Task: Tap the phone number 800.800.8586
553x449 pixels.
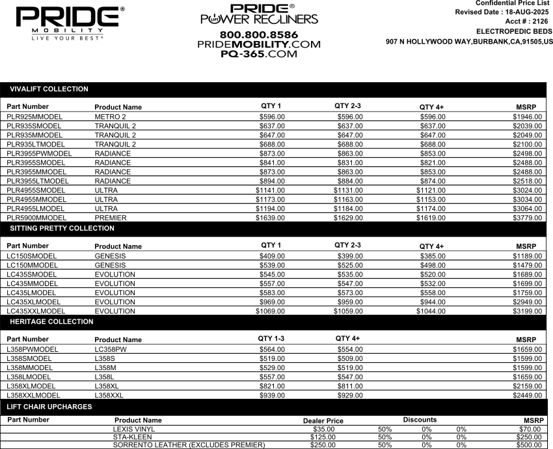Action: [x=259, y=34]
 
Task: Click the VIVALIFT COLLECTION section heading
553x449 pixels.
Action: [x=49, y=89]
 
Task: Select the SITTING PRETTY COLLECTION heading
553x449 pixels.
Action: [x=62, y=229]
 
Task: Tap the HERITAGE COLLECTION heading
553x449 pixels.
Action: [x=51, y=322]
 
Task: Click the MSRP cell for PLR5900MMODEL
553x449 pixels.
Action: [x=527, y=218]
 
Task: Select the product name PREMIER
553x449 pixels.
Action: [x=111, y=218]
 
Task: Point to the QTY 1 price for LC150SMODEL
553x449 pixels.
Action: [x=272, y=256]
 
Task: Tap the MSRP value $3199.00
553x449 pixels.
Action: [x=527, y=311]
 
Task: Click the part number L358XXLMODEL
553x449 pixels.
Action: [x=33, y=395]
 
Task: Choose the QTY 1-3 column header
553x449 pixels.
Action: [x=271, y=338]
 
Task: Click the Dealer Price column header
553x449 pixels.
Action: [x=323, y=421]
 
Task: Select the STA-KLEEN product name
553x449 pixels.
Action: [x=134, y=437]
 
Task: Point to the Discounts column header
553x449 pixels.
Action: [x=420, y=420]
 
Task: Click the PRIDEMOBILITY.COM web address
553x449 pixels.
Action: [x=259, y=44]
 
